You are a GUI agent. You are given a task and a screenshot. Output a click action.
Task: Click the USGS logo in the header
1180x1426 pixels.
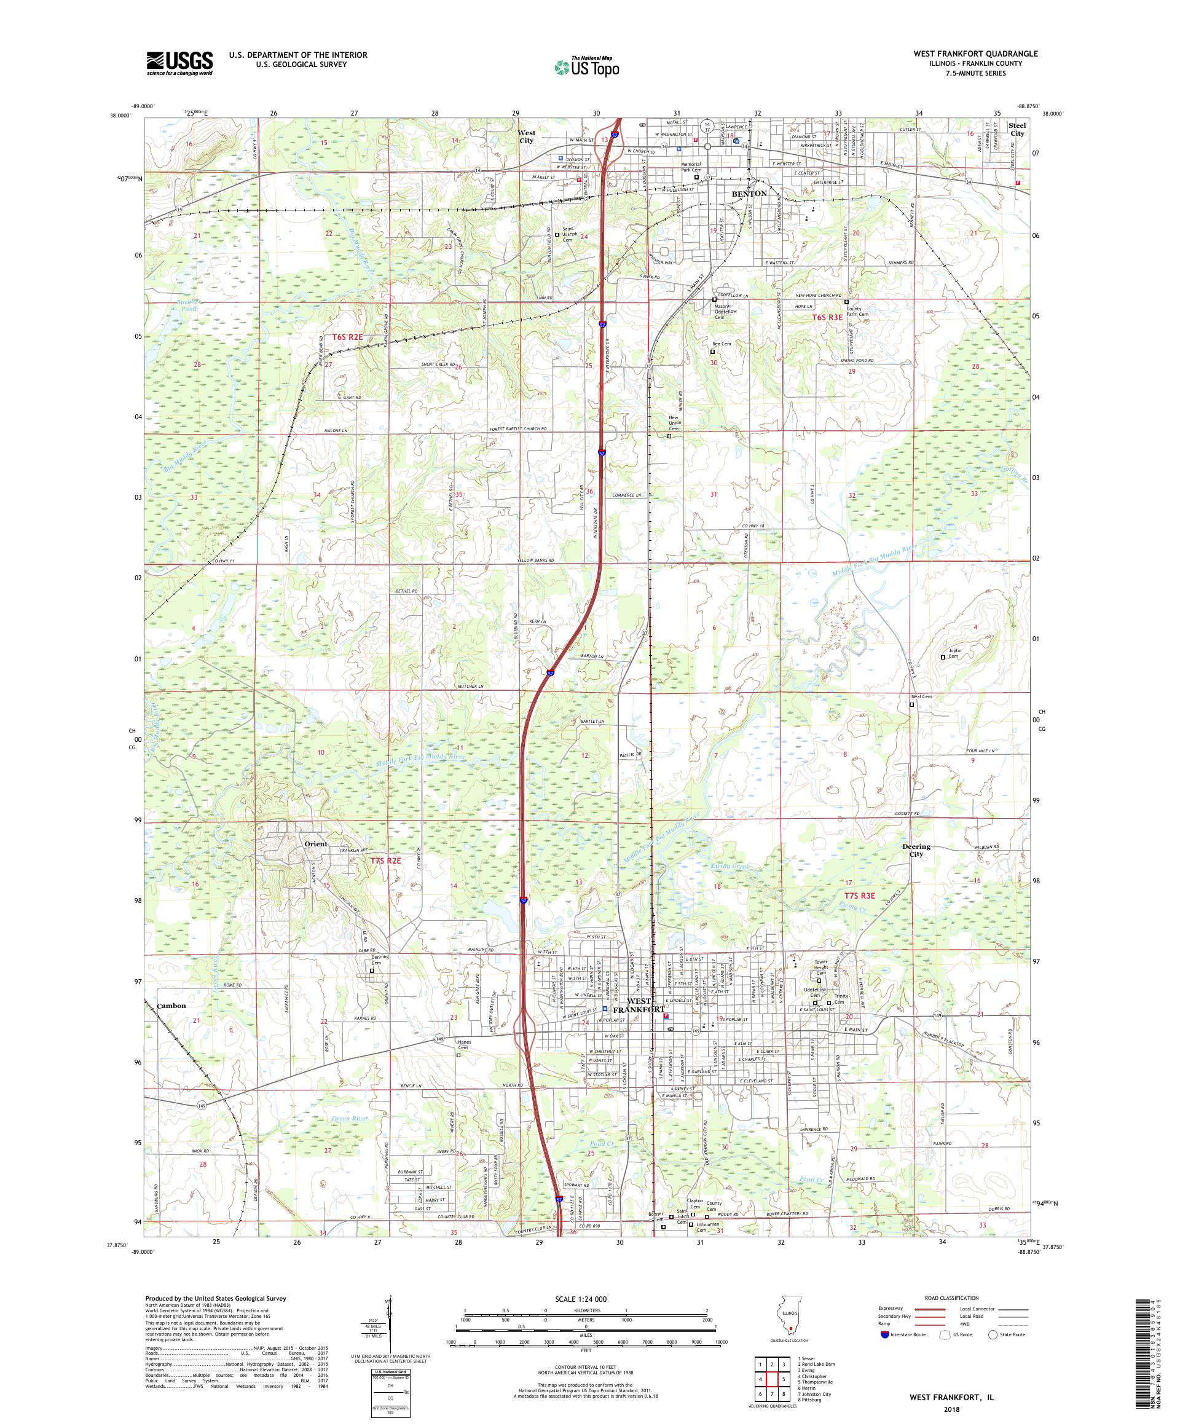180,63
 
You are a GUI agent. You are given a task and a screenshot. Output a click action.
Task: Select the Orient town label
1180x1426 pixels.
316,844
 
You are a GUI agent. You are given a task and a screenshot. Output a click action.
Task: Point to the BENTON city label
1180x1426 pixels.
749,194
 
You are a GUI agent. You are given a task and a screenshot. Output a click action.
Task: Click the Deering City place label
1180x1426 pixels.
916,850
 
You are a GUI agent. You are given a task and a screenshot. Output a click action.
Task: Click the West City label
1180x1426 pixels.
526,136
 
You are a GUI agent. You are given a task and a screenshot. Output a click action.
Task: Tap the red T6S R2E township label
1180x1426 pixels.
348,337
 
